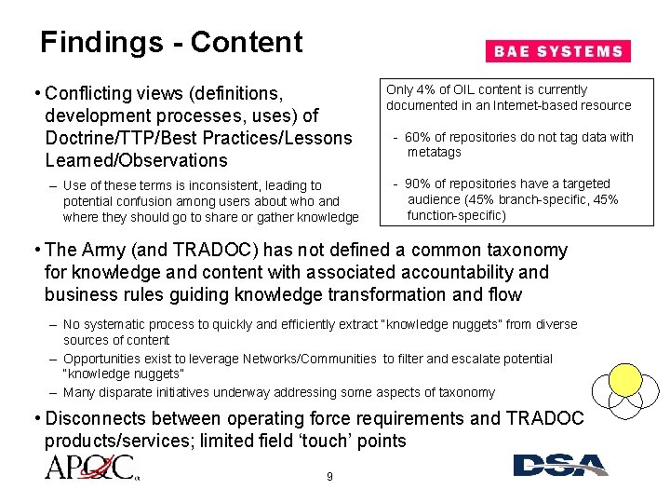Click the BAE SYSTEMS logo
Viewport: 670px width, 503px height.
pos(557,51)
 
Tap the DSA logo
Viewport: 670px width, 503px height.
pos(559,465)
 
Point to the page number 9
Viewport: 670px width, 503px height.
pos(329,478)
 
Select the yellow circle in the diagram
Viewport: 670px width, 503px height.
pos(625,379)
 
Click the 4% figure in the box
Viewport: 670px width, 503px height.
pos(423,90)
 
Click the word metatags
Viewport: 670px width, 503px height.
pos(434,152)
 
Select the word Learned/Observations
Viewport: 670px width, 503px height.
pos(135,160)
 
